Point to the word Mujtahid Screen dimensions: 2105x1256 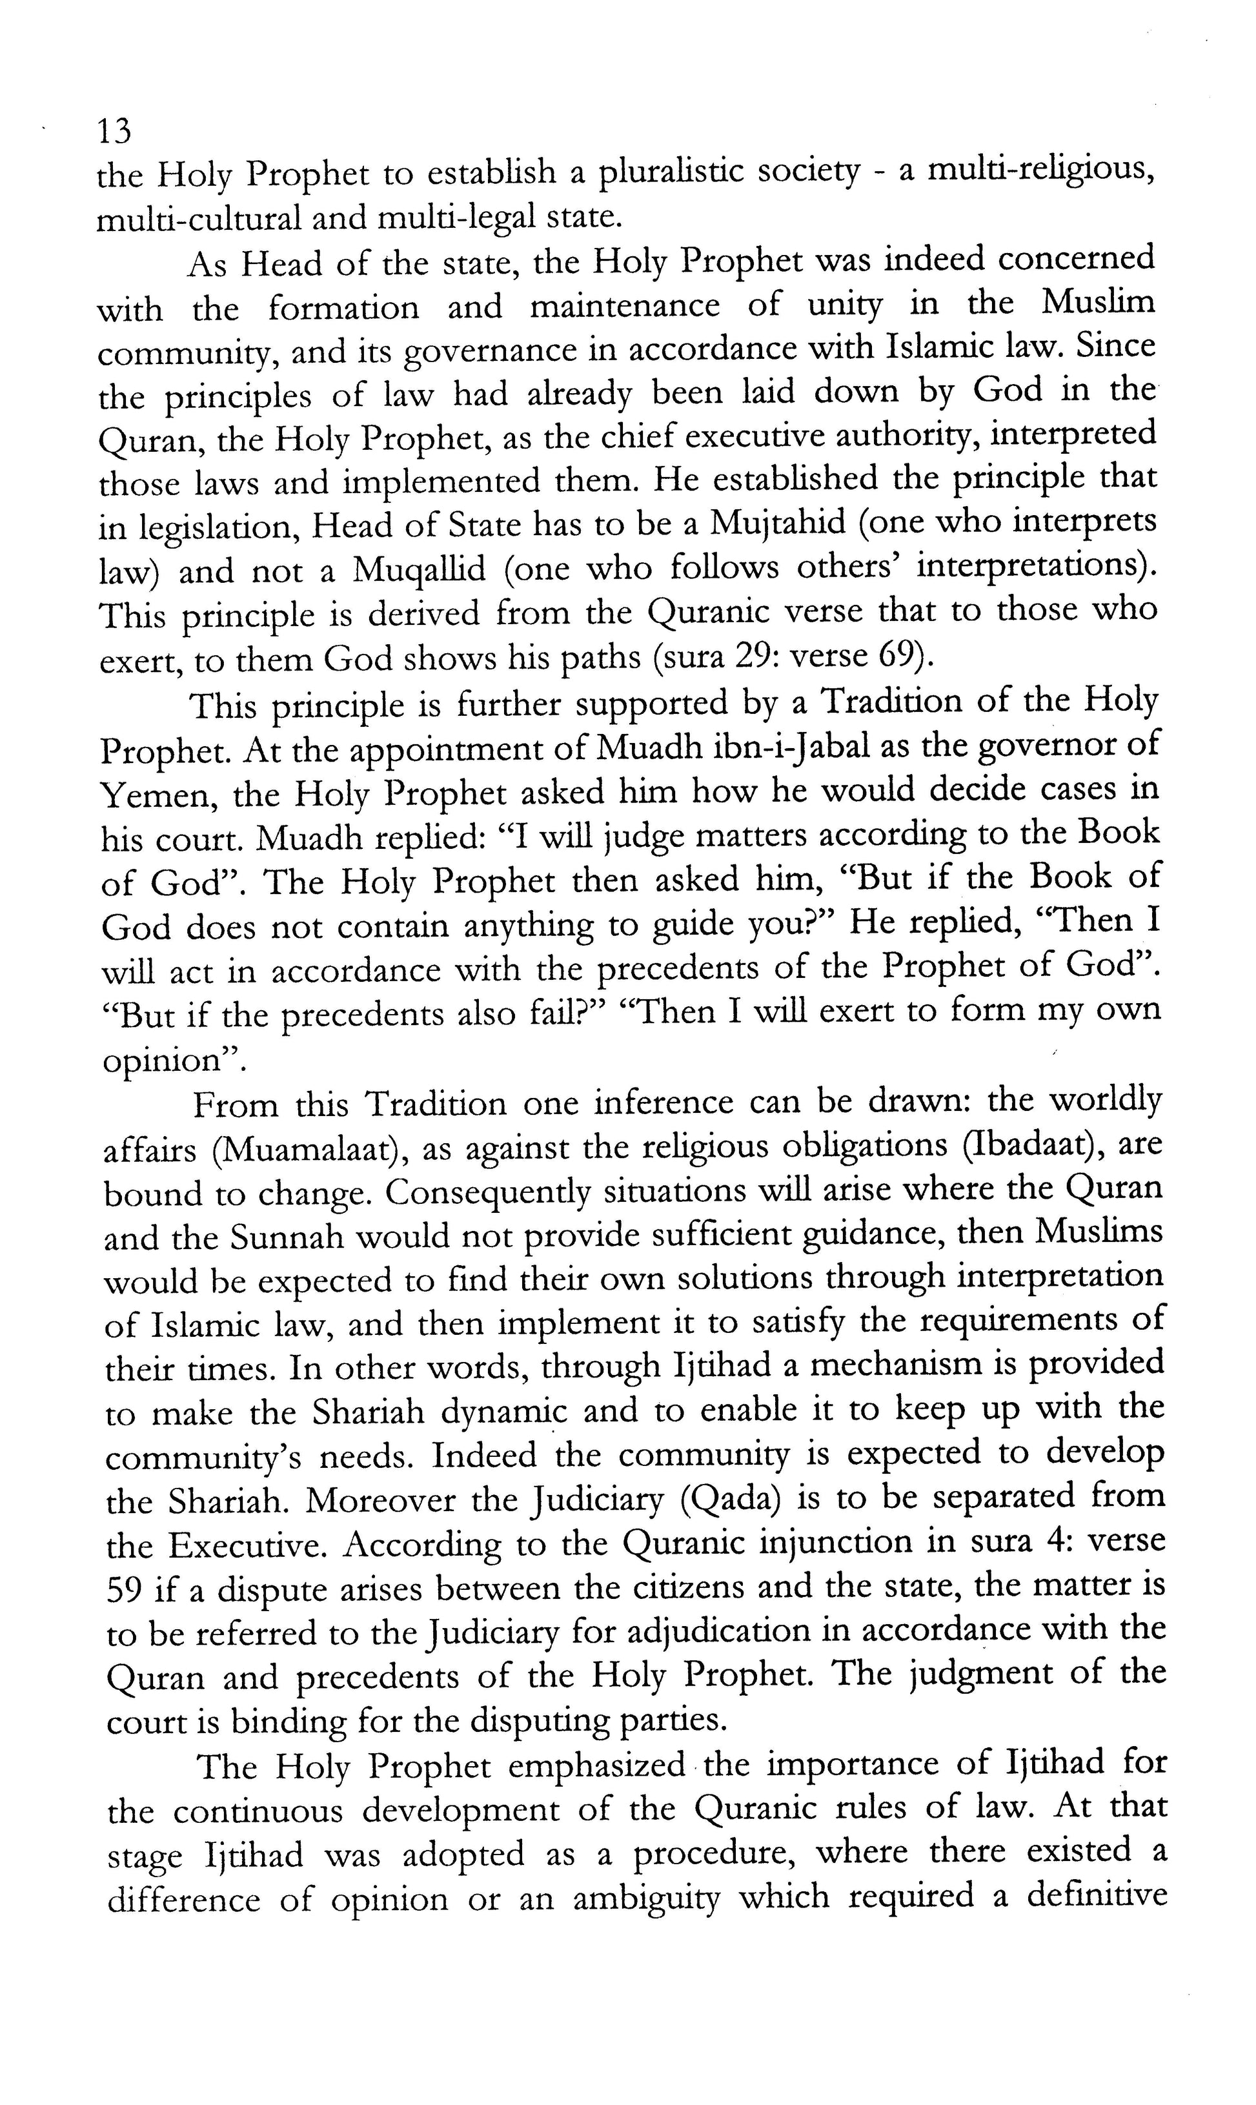pyautogui.click(x=778, y=524)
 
